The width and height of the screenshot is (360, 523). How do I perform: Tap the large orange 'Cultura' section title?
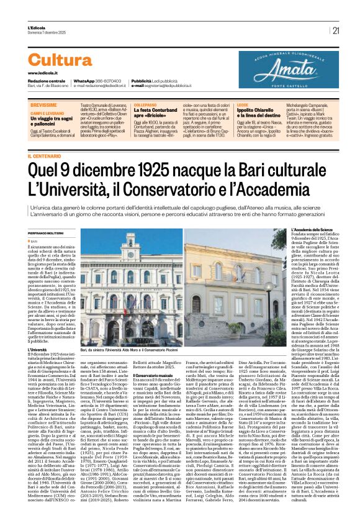click(60, 60)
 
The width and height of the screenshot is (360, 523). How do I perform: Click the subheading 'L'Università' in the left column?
click(39, 350)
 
